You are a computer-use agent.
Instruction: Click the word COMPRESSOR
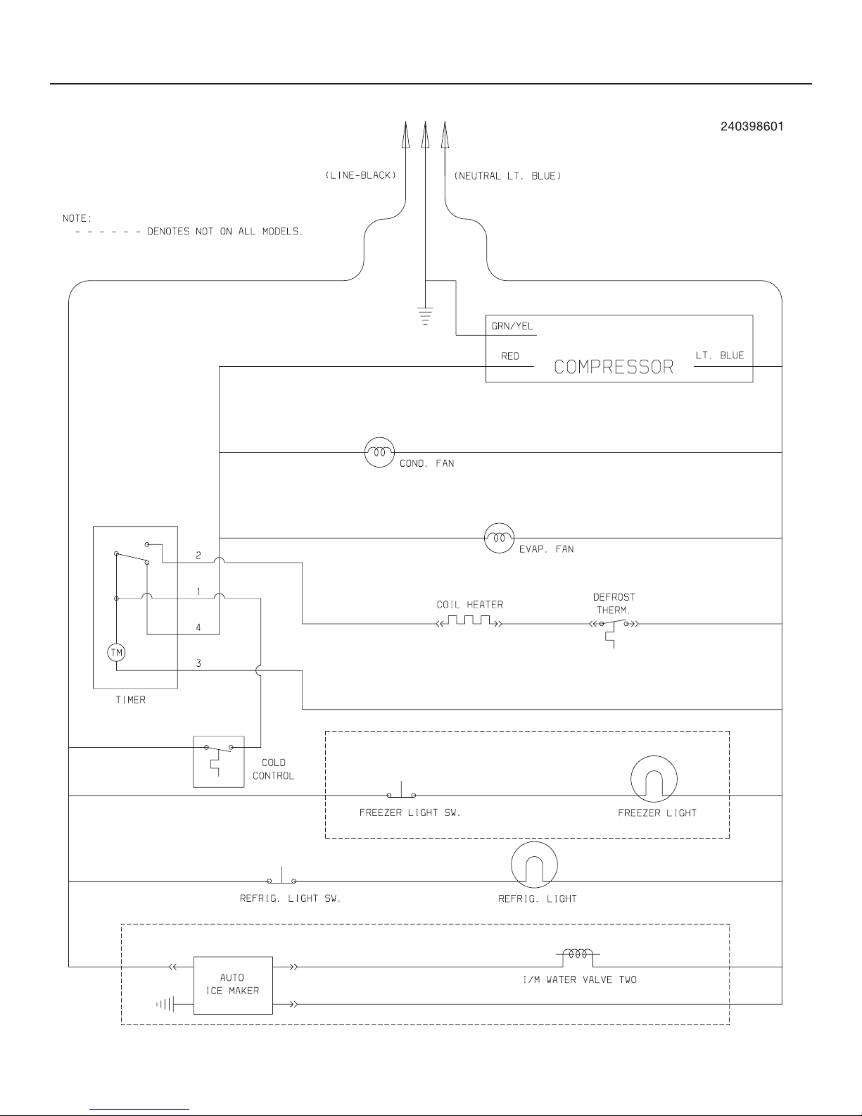point(614,367)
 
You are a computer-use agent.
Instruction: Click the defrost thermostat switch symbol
point(614,630)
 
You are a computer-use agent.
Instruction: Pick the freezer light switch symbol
point(401,791)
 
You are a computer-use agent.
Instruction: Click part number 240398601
point(752,126)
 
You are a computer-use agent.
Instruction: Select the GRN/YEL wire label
point(512,326)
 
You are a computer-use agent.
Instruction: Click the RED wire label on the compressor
point(510,356)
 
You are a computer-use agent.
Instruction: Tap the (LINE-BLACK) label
point(361,175)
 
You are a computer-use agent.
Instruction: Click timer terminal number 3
point(198,663)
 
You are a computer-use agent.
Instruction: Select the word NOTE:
point(77,218)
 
